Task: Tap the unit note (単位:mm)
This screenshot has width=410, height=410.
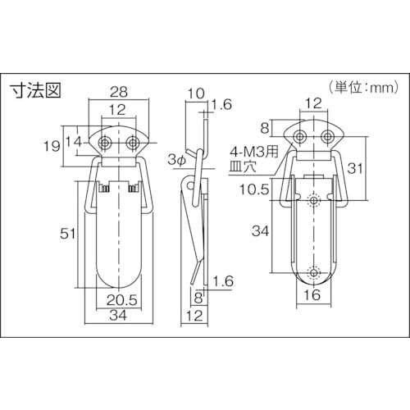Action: click(x=364, y=88)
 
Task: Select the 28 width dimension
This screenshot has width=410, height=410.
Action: click(x=119, y=92)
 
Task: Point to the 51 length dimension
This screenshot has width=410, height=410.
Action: click(x=67, y=234)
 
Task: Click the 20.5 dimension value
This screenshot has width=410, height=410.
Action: click(x=121, y=300)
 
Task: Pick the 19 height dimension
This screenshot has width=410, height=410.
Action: click(x=52, y=146)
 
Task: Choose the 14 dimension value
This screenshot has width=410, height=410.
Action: click(x=74, y=142)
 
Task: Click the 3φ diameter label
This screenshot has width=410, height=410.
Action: click(x=176, y=160)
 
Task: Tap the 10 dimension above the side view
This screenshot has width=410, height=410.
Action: click(x=196, y=93)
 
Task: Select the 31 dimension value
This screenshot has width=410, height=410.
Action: click(x=355, y=168)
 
